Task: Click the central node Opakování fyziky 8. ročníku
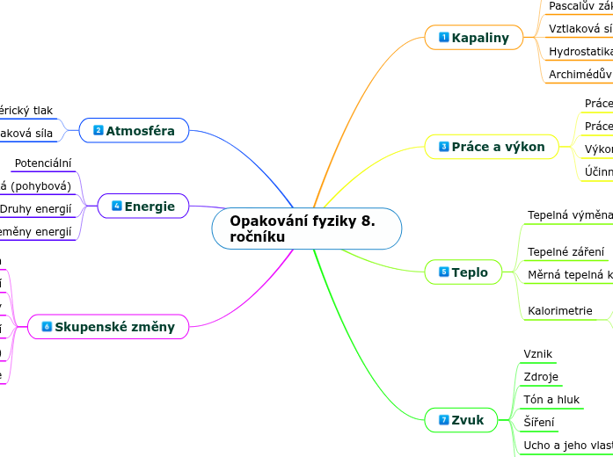pyautogui.click(x=306, y=228)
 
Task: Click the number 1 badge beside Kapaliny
pyautogui.click(x=444, y=38)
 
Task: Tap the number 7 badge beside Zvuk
pyautogui.click(x=444, y=420)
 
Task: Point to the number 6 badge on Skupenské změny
pyautogui.click(x=47, y=327)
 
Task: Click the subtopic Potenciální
pyautogui.click(x=43, y=163)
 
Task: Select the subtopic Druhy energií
pyautogui.click(x=36, y=209)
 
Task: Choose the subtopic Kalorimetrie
pyautogui.click(x=559, y=311)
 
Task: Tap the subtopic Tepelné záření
pyautogui.click(x=566, y=252)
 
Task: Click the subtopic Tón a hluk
pyautogui.click(x=551, y=400)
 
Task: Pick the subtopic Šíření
pyautogui.click(x=538, y=423)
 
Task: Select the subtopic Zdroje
pyautogui.click(x=541, y=377)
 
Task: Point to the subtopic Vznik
pyautogui.click(x=537, y=354)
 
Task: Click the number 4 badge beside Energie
pyautogui.click(x=117, y=206)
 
